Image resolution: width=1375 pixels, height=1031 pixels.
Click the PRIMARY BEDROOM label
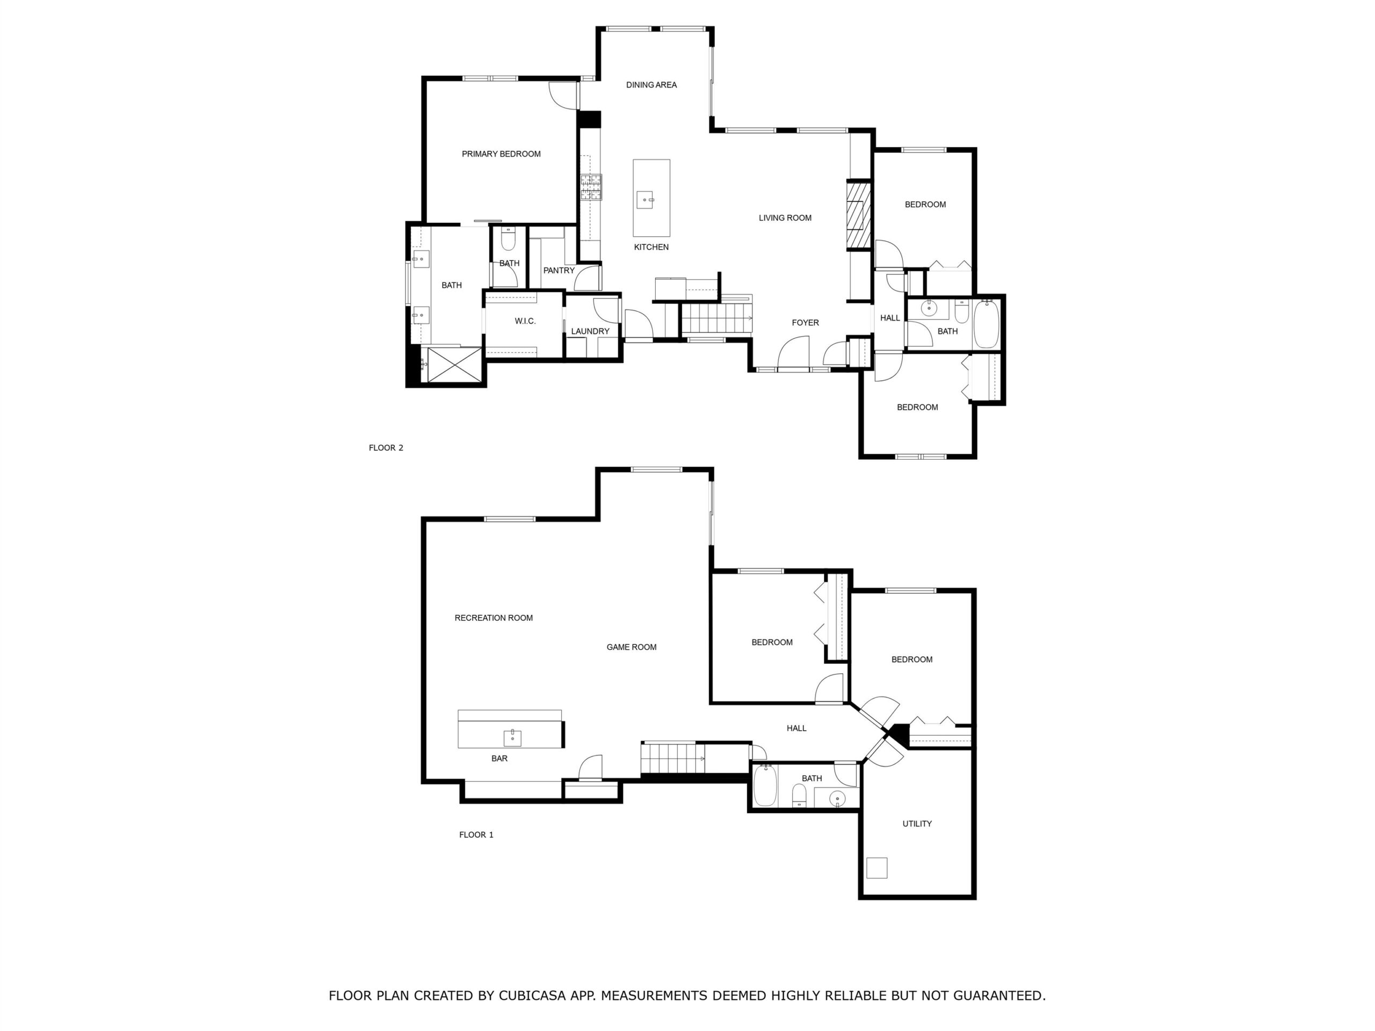click(x=501, y=154)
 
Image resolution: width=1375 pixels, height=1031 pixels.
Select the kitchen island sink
click(x=645, y=200)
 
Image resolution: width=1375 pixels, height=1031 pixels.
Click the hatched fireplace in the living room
click(x=859, y=214)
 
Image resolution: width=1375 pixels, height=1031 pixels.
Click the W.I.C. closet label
click(x=525, y=321)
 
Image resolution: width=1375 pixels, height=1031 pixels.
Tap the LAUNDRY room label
click(x=590, y=332)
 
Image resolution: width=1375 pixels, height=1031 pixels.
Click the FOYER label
click(x=805, y=323)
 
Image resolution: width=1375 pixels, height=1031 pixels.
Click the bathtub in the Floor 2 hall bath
click(x=986, y=324)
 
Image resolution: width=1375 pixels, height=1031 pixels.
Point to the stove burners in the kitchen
click(x=591, y=187)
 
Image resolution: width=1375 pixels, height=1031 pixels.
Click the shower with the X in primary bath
click(x=454, y=365)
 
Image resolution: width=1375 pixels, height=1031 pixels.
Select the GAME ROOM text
click(x=632, y=648)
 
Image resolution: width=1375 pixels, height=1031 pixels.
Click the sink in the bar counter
click(x=512, y=738)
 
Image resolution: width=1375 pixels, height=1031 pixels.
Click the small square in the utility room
click(x=877, y=868)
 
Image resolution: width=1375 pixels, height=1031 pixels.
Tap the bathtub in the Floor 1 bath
click(x=765, y=786)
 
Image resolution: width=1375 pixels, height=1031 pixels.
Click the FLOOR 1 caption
click(x=476, y=835)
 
